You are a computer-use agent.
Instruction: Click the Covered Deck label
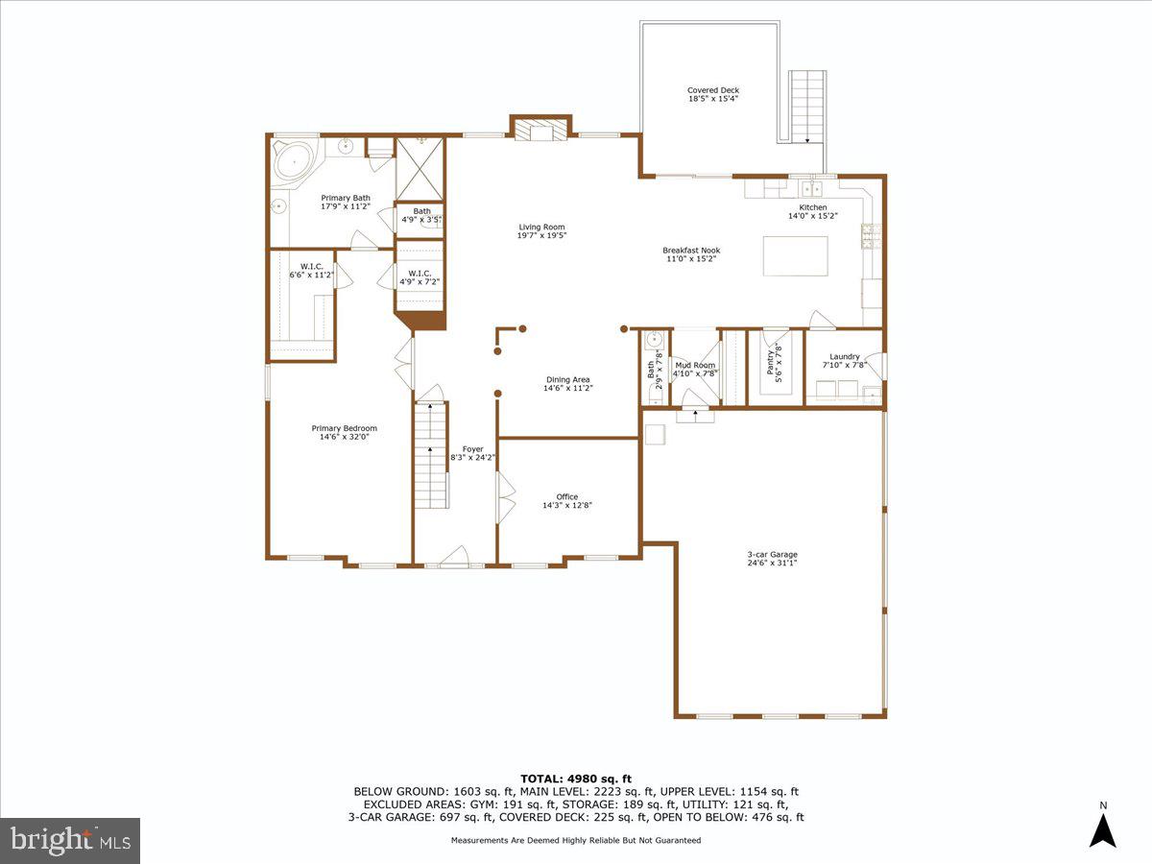tap(712, 90)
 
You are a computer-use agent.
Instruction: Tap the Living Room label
tap(541, 228)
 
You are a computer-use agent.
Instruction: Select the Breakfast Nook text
tap(691, 251)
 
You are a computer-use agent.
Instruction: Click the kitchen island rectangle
tap(795, 255)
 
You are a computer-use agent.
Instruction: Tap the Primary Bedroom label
tap(344, 428)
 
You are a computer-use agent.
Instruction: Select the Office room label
tap(566, 496)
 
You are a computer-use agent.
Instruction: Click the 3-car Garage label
tap(772, 554)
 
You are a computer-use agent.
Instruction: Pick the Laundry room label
tap(845, 356)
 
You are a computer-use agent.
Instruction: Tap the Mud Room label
tap(695, 365)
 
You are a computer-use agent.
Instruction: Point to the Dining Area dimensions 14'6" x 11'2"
tap(567, 388)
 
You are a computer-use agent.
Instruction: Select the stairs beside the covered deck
tap(806, 106)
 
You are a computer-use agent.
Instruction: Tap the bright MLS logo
tap(70, 841)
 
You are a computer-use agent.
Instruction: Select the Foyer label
tap(473, 448)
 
